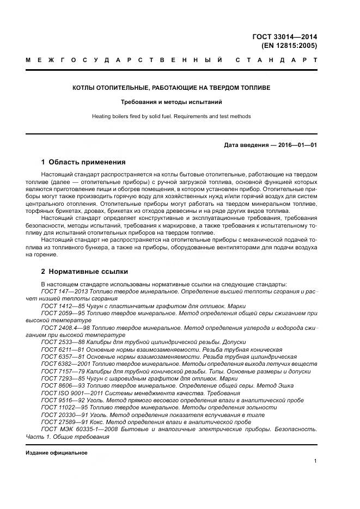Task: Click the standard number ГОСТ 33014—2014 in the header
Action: [x=284, y=37]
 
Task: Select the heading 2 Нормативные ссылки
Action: [x=85, y=271]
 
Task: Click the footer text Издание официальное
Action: [x=57, y=453]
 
